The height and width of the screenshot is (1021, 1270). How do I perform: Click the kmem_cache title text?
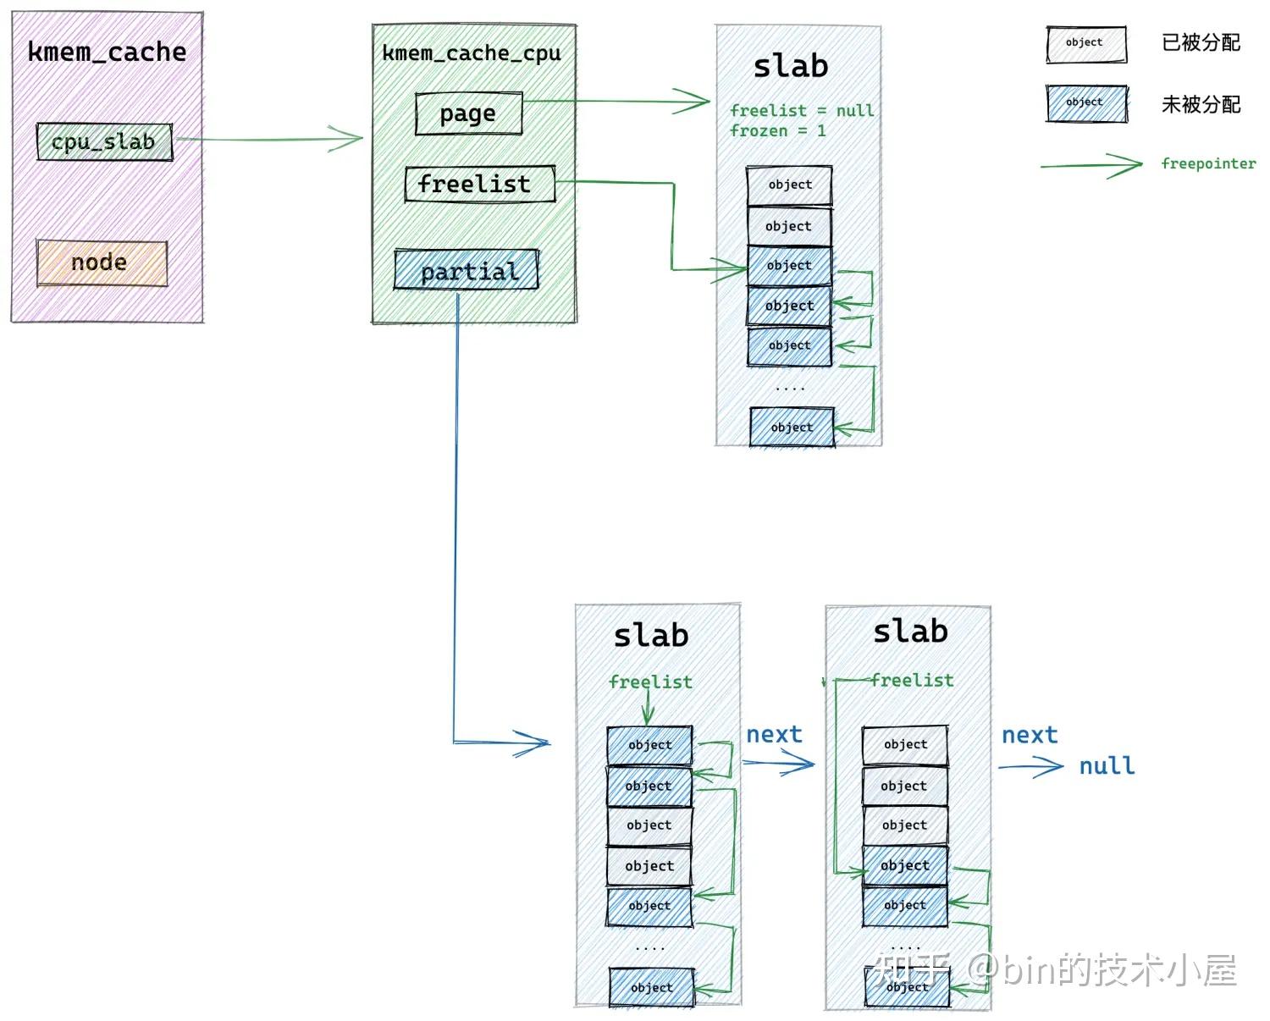coord(107,52)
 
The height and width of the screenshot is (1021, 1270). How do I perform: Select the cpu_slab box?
coord(104,142)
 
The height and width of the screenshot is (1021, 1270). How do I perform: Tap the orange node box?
coord(102,263)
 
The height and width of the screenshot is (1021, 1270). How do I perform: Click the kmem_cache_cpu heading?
coord(472,53)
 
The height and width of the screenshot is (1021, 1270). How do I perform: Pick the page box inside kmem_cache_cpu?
coord(468,113)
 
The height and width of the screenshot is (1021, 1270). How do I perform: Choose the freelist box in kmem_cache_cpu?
coord(479,184)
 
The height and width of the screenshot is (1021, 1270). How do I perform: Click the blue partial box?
coord(467,270)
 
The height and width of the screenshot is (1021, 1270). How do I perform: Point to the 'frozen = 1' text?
coord(777,131)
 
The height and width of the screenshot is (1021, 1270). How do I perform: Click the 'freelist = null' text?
coord(801,111)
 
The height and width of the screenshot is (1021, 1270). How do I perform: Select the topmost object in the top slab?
coord(789,185)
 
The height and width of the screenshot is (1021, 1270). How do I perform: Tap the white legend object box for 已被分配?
coord(1086,44)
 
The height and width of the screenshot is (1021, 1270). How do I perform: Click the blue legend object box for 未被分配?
coord(1086,103)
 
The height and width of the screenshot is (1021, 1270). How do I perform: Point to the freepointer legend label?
coord(1208,163)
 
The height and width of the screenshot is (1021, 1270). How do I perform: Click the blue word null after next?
coord(1106,766)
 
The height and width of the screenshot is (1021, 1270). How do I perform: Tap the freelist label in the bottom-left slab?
coord(650,682)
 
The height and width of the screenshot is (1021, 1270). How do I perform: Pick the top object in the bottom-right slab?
coord(905,745)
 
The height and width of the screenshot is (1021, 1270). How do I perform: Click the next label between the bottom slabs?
coord(774,735)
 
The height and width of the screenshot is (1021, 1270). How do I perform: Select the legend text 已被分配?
coord(1201,43)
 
